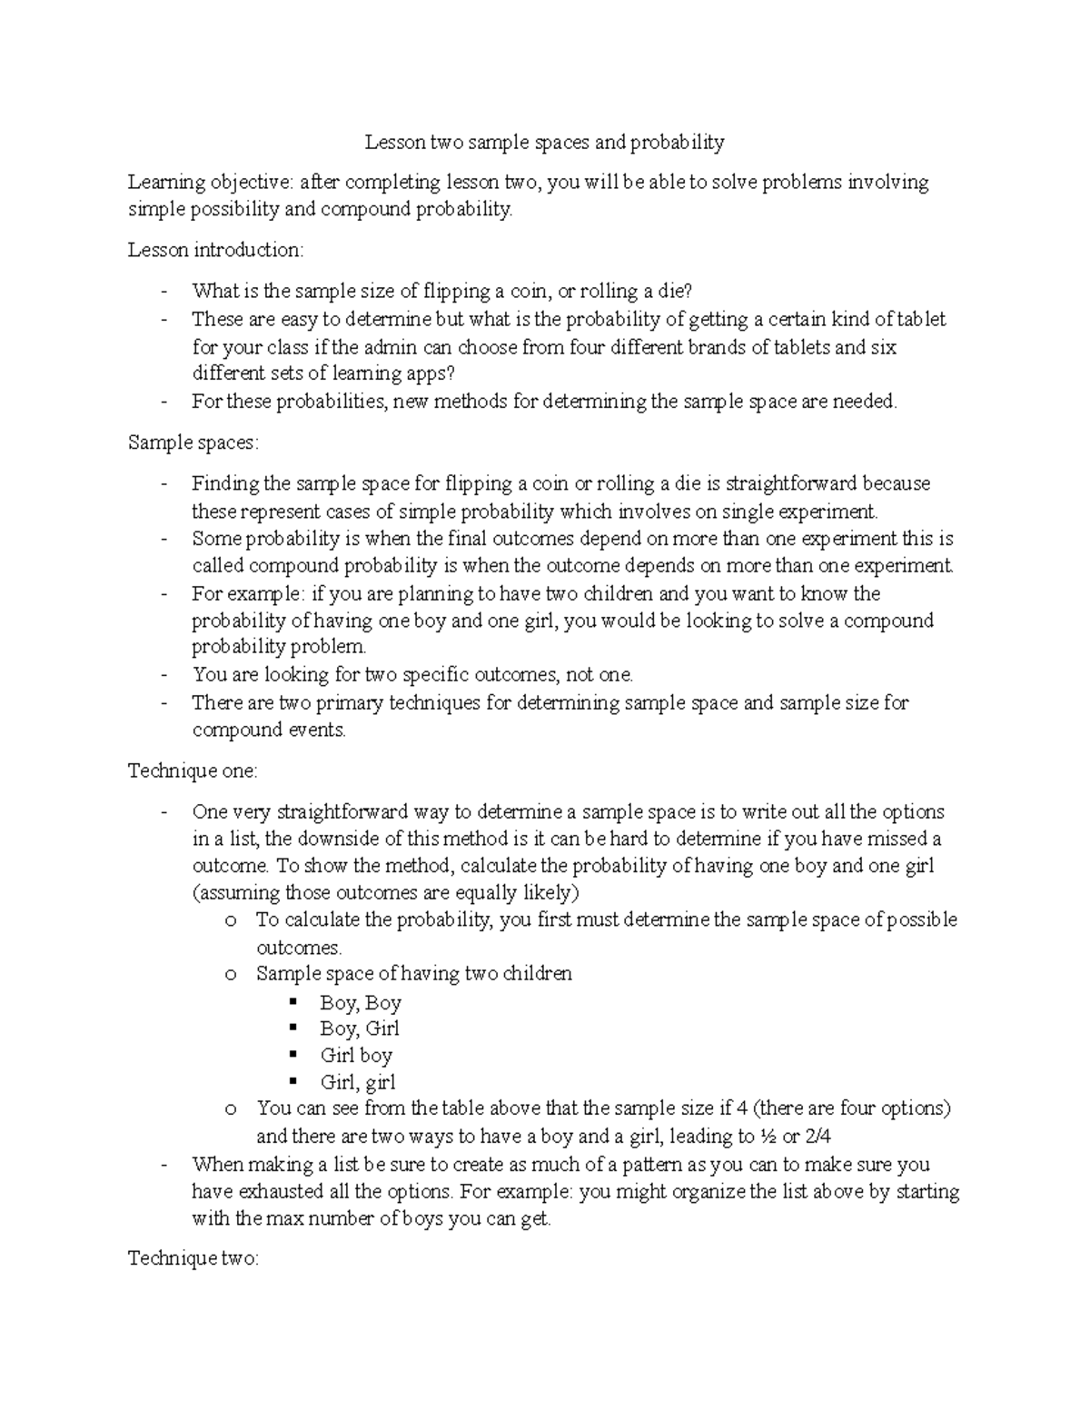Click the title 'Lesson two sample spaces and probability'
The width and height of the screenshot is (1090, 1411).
point(544,142)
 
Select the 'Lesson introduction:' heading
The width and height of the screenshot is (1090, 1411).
point(216,249)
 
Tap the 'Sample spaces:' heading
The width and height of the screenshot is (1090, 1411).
point(193,442)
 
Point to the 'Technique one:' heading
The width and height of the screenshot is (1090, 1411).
point(193,770)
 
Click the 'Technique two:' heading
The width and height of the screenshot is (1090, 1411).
point(193,1258)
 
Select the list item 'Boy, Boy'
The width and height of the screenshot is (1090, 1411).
point(360,1003)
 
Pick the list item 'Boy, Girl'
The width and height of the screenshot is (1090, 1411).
point(359,1028)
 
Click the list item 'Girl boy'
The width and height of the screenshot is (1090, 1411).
point(355,1055)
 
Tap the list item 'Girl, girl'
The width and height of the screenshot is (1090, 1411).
point(357,1081)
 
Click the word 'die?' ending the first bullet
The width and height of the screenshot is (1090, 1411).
point(673,291)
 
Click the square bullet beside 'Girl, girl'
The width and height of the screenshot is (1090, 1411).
point(293,1080)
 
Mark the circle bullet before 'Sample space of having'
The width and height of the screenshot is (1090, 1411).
point(231,975)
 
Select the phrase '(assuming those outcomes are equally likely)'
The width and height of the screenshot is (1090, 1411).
point(385,891)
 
